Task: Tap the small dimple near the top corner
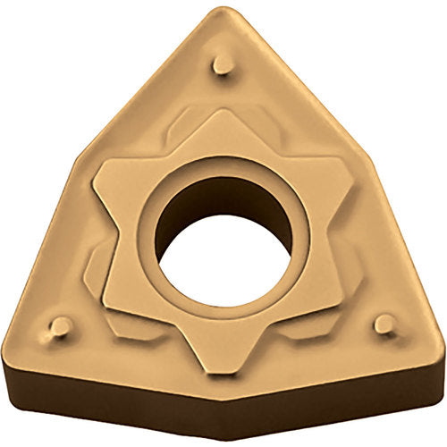click(223, 64)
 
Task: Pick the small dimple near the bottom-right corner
click(384, 324)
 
